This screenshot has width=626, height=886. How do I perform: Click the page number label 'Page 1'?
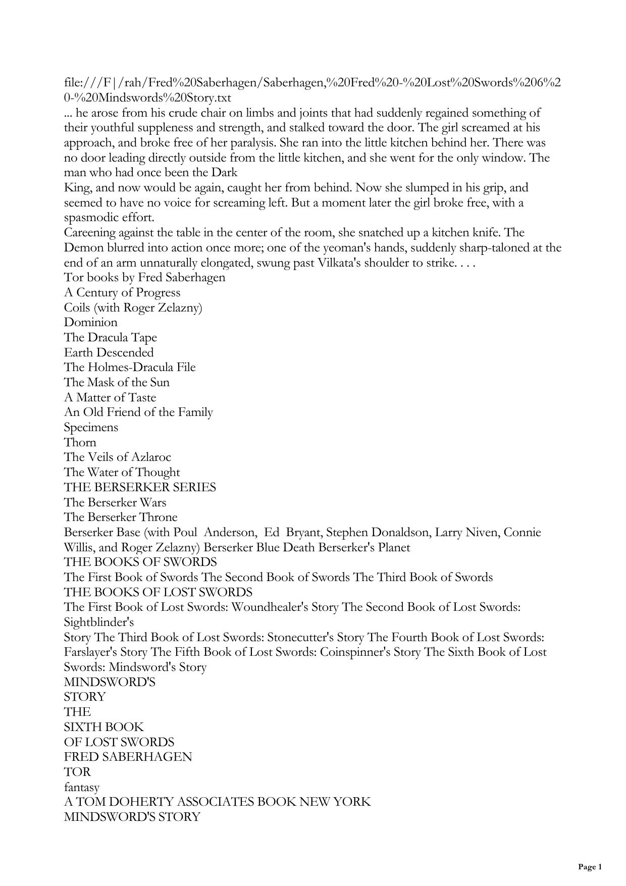(590, 867)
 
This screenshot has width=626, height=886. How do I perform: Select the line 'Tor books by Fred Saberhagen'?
(144, 278)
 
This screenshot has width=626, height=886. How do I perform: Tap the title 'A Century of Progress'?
(122, 293)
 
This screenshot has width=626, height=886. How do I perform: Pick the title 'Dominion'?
(90, 323)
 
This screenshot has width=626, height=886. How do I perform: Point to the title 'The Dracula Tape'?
(110, 337)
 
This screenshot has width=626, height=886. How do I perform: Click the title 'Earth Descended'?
(109, 352)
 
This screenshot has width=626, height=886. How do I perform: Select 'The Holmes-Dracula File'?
(129, 367)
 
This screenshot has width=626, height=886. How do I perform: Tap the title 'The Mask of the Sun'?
(117, 382)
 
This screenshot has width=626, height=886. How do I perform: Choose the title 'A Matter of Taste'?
(110, 397)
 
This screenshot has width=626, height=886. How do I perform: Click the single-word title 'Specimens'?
(91, 427)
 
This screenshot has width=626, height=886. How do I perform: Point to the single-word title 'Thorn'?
(80, 442)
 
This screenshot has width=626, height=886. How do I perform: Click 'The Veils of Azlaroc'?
(117, 457)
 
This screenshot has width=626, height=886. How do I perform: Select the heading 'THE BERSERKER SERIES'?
(140, 487)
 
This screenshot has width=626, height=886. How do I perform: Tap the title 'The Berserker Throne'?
(121, 517)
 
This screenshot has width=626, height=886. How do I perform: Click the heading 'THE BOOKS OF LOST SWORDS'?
(158, 592)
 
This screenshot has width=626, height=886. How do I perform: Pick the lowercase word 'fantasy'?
(82, 787)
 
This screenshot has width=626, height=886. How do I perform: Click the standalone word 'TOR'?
(77, 772)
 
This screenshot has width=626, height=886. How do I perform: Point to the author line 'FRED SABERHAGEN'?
(128, 757)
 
